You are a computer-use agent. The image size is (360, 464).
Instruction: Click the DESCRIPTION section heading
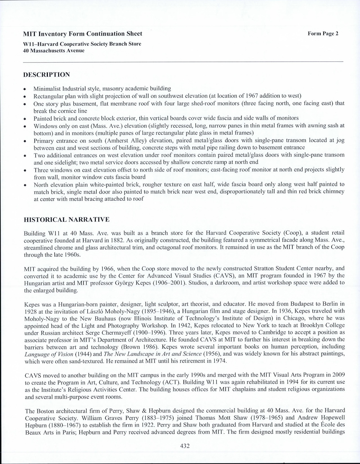tap(46, 75)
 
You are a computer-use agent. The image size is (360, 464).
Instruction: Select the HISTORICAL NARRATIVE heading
tap(67, 220)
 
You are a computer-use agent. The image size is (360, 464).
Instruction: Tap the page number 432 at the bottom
tap(184, 446)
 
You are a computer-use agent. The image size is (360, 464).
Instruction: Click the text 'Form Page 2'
tap(323, 34)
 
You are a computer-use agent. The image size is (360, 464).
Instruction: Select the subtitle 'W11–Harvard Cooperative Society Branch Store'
tap(82, 44)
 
